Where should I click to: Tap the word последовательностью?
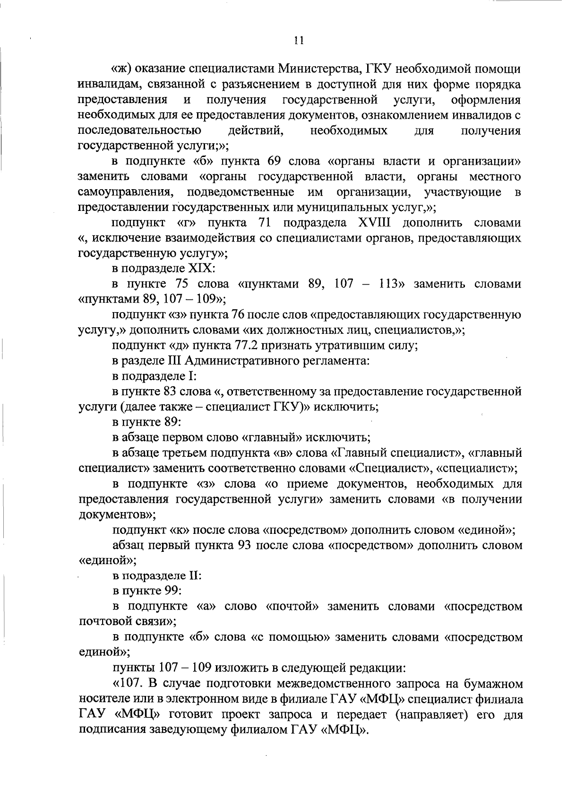139,131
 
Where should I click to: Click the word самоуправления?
124,192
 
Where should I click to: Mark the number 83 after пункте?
171,392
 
